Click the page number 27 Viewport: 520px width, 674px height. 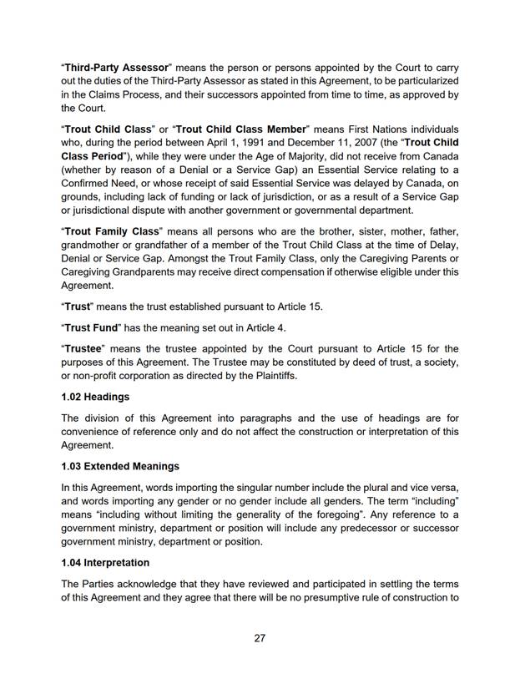pos(260,638)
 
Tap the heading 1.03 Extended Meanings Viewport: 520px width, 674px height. pos(120,465)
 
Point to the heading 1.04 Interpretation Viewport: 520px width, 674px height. pos(105,562)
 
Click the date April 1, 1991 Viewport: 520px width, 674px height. pos(276,143)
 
